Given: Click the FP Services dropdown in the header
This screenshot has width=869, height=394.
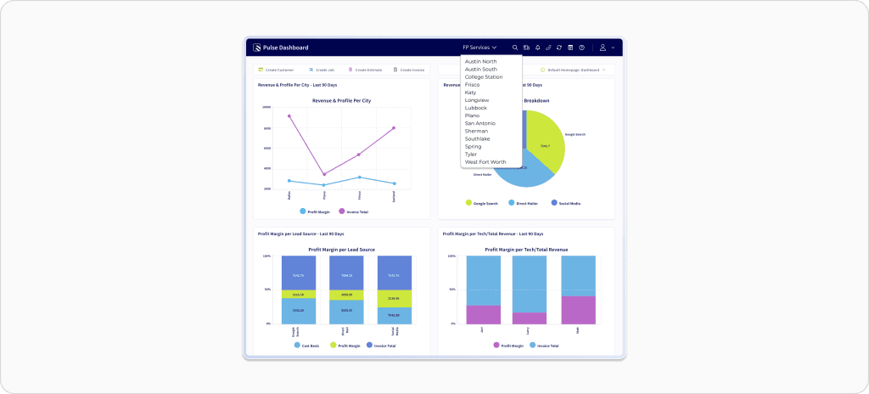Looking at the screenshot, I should pos(479,48).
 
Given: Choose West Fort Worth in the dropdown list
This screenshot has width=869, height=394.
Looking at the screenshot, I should pos(485,161).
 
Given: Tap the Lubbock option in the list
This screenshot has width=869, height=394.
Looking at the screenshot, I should pos(476,108).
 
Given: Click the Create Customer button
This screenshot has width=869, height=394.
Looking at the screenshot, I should pos(278,70).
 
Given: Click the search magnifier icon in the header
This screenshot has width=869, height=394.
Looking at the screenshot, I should pos(515,48).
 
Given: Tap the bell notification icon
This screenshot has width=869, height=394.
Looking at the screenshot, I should pos(537,48).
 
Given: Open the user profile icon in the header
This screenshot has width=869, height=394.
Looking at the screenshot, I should pos(603,48).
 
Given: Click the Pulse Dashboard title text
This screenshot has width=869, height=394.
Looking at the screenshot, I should pos(286,48).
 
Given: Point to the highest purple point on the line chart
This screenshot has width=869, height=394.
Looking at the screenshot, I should pos(289,116).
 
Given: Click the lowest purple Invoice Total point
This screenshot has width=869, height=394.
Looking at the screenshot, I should pos(324,174).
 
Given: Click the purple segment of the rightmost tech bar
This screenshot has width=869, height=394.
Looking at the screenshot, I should pos(578,310).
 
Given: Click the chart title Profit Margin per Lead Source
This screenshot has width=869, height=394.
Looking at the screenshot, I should pos(341,250).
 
